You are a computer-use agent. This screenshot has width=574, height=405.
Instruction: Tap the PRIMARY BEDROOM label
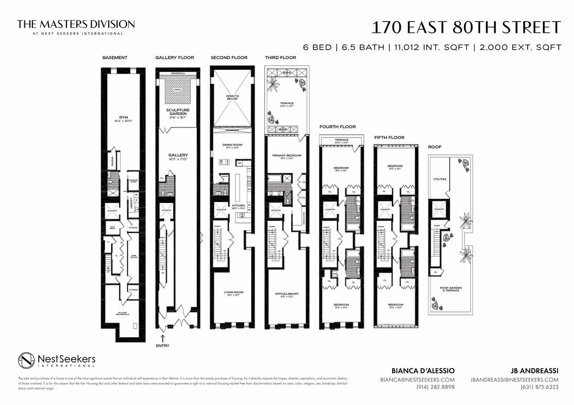[x=286, y=156]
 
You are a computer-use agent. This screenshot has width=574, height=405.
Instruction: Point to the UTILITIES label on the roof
[x=440, y=179]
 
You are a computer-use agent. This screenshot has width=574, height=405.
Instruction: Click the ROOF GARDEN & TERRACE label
[x=450, y=289]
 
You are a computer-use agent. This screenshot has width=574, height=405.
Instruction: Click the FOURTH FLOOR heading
[x=338, y=127]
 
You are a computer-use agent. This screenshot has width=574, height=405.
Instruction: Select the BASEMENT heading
[x=115, y=58]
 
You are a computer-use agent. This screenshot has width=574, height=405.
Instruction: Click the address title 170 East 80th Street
[x=466, y=27]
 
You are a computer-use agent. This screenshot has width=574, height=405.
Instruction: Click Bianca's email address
[x=417, y=380]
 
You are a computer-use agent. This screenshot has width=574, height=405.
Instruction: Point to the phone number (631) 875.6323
[x=539, y=387]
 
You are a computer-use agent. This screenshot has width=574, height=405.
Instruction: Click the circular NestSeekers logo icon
[x=26, y=361]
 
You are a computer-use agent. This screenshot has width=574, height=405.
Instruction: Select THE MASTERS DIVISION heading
[x=76, y=24]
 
